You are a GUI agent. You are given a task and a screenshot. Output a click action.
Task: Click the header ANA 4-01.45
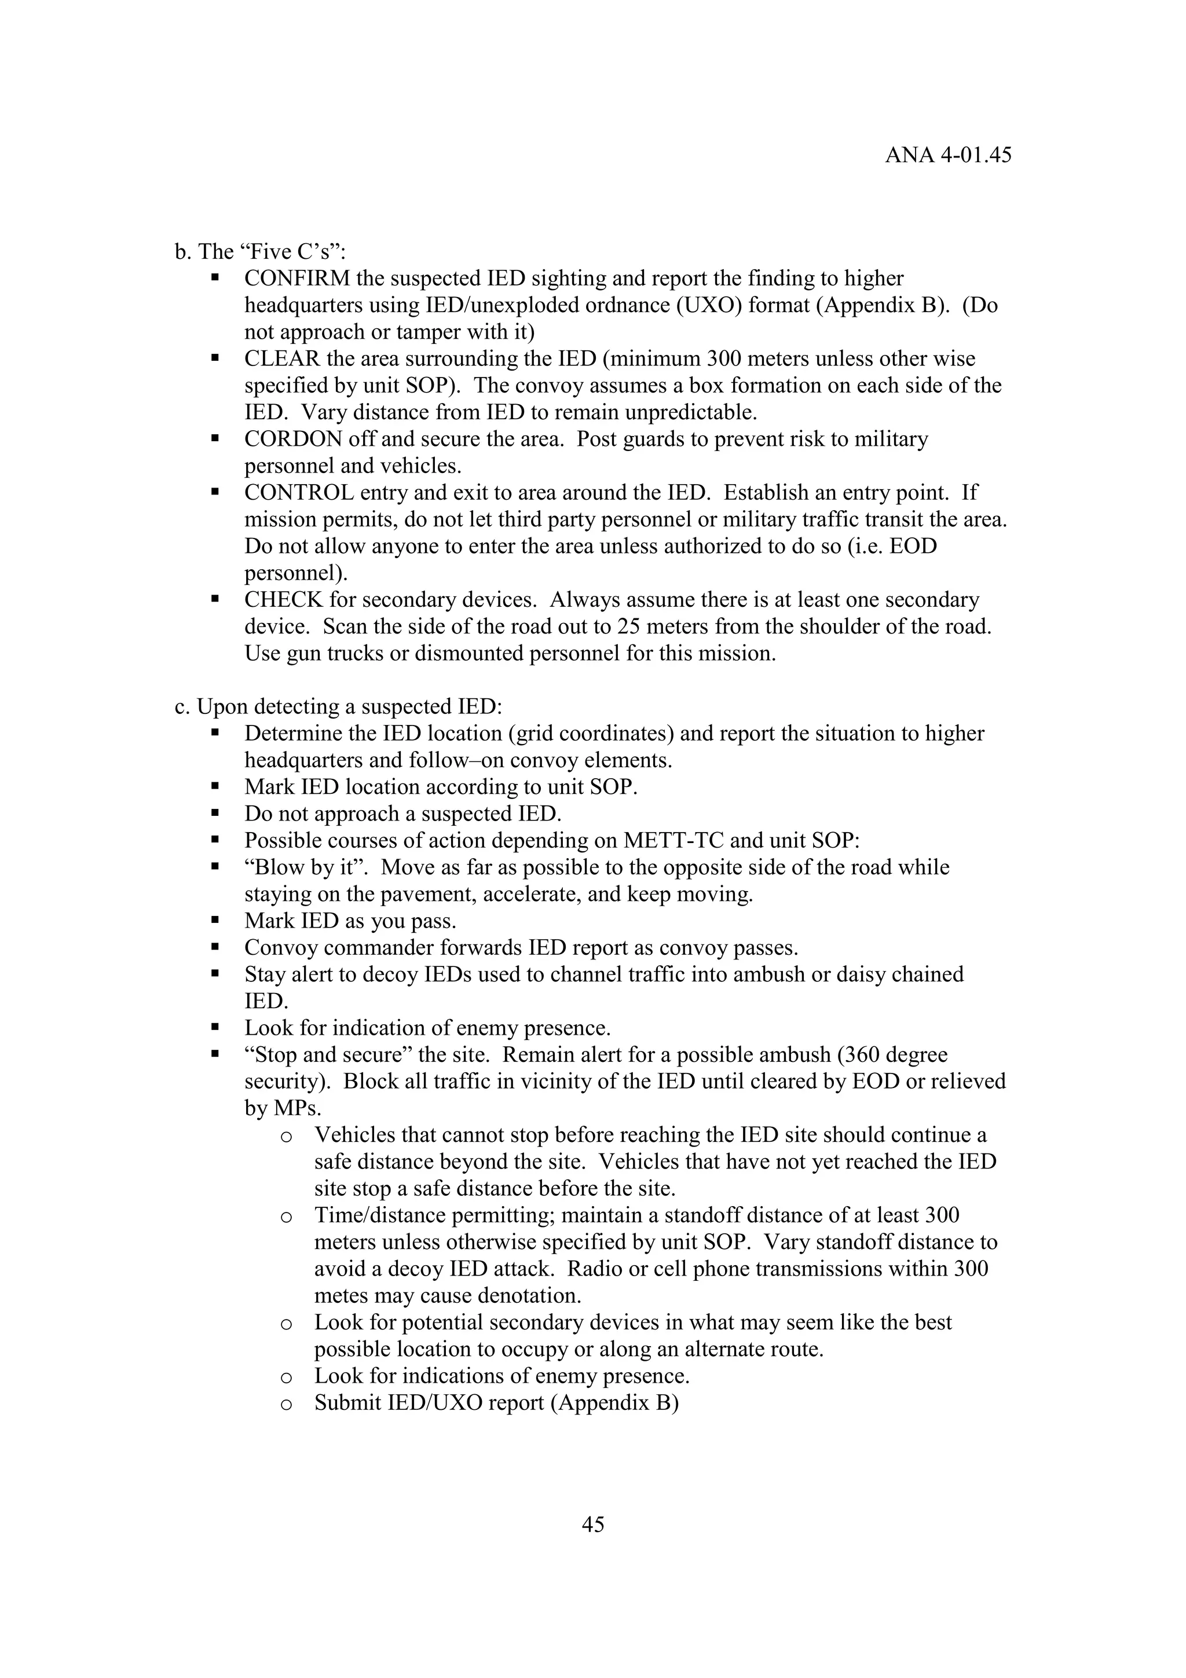(x=948, y=156)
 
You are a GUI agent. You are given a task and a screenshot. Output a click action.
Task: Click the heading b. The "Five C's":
(x=260, y=251)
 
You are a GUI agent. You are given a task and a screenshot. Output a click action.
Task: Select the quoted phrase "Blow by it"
(x=309, y=867)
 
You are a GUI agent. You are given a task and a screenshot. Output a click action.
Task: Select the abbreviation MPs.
(x=296, y=1109)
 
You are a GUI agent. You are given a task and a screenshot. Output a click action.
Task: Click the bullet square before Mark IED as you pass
(x=215, y=921)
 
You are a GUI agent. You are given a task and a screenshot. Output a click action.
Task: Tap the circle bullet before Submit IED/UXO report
(x=287, y=1404)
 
